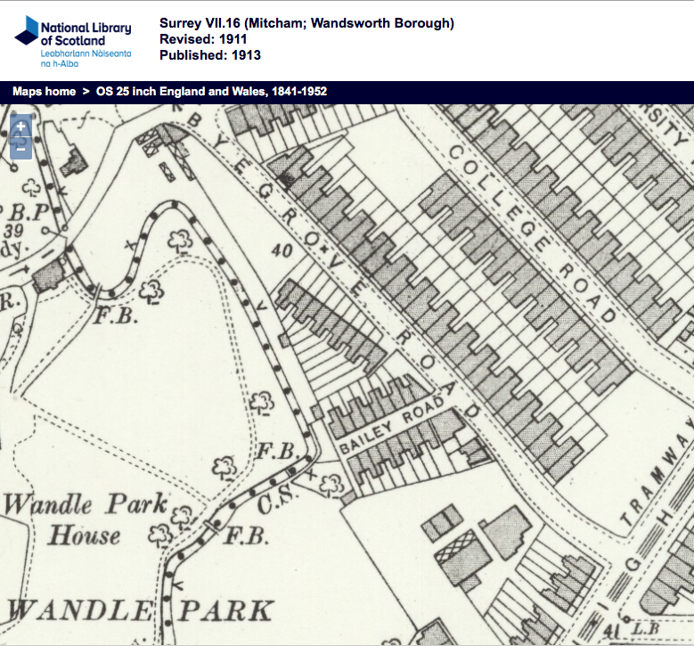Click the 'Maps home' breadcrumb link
click(x=44, y=91)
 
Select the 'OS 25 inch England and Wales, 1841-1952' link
click(x=204, y=91)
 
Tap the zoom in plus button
click(x=20, y=127)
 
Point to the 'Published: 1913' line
click(x=210, y=55)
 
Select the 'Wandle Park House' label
click(x=86, y=519)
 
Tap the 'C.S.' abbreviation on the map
click(x=271, y=505)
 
